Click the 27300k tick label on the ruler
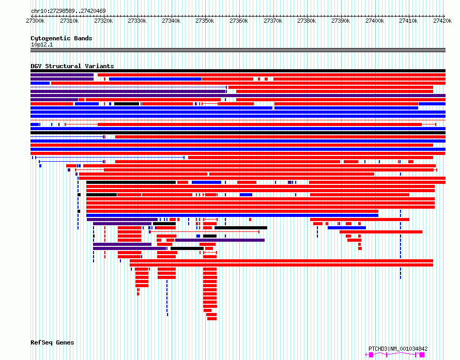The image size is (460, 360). (35, 21)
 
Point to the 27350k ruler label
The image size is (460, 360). (205, 21)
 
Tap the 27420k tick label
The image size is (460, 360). (442, 21)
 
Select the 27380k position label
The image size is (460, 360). (306, 21)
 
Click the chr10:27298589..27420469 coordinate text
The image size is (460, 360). (68, 11)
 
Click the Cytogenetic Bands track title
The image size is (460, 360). (62, 38)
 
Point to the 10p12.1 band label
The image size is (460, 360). (42, 44)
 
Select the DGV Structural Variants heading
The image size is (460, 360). (72, 66)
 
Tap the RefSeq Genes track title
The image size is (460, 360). (52, 342)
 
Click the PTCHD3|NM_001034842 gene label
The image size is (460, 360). (398, 349)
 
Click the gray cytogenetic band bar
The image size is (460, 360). (238, 50)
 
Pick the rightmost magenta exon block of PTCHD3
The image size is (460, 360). (422, 355)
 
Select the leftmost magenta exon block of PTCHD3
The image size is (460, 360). (371, 355)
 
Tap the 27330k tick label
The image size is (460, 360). (137, 21)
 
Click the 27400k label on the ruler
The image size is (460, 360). (375, 21)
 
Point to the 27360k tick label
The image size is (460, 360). (239, 21)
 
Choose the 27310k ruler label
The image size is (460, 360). (69, 21)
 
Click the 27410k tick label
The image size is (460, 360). (408, 21)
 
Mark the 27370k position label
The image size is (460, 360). (273, 21)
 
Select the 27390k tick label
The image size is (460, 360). (341, 21)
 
